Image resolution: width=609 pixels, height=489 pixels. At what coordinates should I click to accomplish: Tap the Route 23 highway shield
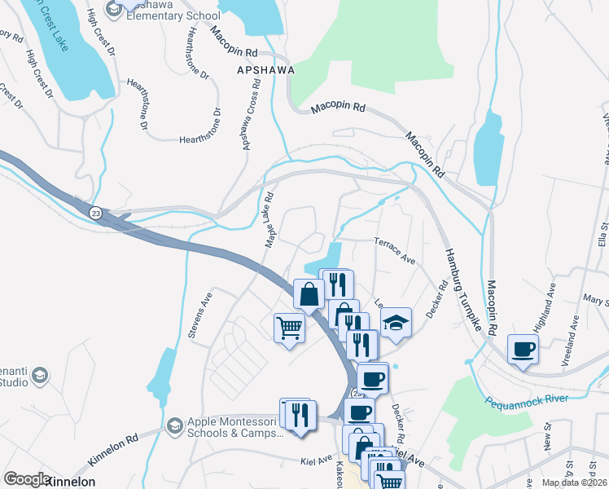pyautogui.click(x=96, y=213)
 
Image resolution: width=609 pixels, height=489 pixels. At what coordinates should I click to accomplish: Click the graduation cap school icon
pyautogui.click(x=396, y=323)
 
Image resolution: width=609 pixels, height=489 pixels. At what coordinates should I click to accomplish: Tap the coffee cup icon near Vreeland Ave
pyautogui.click(x=523, y=349)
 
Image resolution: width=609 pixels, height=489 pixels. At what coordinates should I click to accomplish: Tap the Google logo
pyautogui.click(x=27, y=479)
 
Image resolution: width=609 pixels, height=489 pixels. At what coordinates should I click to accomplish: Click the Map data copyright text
pyautogui.click(x=574, y=482)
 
